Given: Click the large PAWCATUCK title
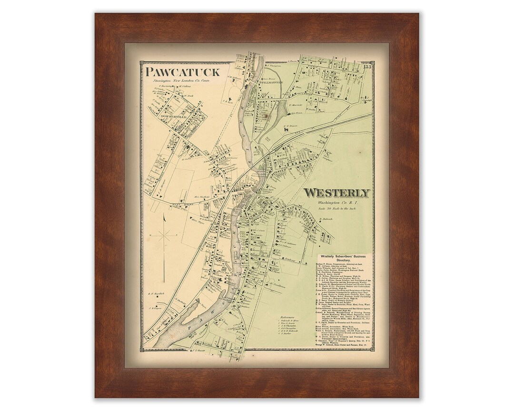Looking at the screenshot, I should click(x=183, y=72).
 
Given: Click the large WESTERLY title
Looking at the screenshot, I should click(x=336, y=193).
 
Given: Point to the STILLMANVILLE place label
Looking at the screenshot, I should click(x=270, y=83).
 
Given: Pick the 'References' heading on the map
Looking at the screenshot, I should click(x=289, y=315).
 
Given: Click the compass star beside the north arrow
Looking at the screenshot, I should click(x=165, y=235).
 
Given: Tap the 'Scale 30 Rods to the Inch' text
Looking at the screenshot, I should click(x=336, y=209).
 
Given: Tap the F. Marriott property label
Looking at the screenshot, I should click(x=296, y=105).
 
